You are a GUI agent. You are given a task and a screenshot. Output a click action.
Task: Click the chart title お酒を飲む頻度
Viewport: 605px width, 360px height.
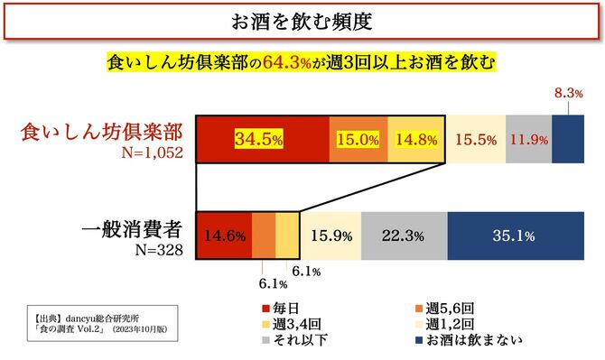[302, 20]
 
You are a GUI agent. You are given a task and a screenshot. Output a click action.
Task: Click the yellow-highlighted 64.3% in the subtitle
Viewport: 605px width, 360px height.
[288, 65]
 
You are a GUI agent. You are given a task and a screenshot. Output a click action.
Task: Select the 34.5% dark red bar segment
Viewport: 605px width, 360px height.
[262, 140]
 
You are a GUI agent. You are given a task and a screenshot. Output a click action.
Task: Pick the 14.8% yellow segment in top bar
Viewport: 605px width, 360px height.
[415, 140]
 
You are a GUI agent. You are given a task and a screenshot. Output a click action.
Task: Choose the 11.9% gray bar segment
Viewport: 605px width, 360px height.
[528, 140]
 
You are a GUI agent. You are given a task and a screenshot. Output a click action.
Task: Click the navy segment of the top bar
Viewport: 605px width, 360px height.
[567, 140]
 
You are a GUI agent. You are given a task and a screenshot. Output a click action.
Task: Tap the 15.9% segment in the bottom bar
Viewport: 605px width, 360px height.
[330, 236]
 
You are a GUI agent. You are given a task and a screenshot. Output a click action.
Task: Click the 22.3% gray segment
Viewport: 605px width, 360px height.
[404, 236]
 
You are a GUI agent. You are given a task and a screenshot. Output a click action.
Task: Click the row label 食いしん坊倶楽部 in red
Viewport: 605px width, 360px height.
[102, 131]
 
